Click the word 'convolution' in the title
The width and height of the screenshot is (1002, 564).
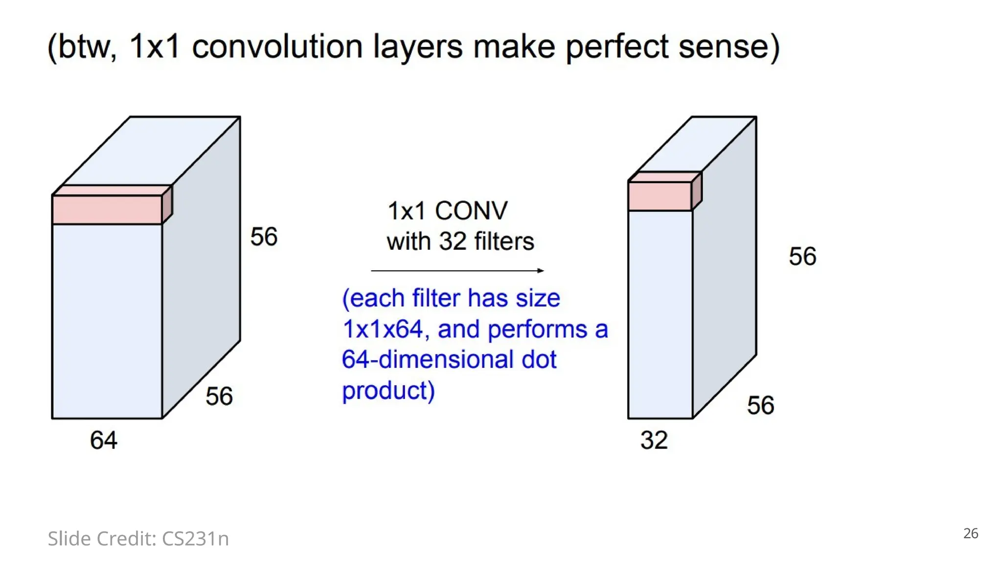(277, 47)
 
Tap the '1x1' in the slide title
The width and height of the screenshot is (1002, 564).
(155, 47)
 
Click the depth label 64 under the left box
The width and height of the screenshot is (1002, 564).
(103, 440)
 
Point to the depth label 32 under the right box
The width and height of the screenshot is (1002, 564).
(654, 440)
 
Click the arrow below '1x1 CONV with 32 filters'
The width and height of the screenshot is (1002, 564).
(457, 271)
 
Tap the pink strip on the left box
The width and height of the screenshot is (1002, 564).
(107, 209)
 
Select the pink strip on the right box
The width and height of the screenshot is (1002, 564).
(660, 196)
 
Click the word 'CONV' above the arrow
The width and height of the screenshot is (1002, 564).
(471, 211)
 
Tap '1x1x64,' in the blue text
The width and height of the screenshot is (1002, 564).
(386, 329)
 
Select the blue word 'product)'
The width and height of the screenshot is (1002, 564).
(388, 391)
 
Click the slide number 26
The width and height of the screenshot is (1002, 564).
(971, 534)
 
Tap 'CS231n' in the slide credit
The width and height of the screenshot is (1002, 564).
(195, 539)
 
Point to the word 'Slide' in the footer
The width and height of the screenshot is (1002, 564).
(69, 539)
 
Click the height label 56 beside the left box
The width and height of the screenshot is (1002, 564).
(264, 237)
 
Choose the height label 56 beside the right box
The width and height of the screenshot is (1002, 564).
(802, 257)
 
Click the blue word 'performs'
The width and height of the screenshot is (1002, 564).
(537, 329)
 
